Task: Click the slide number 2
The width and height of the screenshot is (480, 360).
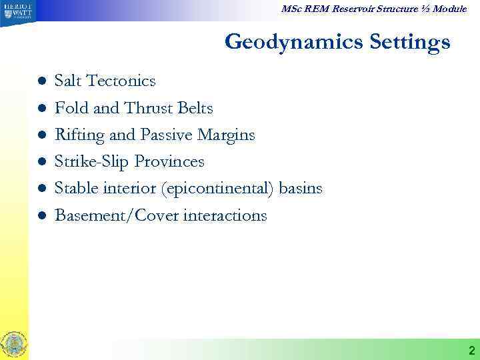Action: coord(471,350)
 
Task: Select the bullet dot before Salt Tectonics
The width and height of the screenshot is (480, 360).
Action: coord(41,81)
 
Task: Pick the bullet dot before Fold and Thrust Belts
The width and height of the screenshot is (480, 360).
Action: coord(41,108)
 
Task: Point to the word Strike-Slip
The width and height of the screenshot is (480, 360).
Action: coord(91,162)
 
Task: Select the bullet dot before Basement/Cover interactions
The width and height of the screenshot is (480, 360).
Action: coord(41,215)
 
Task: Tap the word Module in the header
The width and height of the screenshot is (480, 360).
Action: coord(451,9)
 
